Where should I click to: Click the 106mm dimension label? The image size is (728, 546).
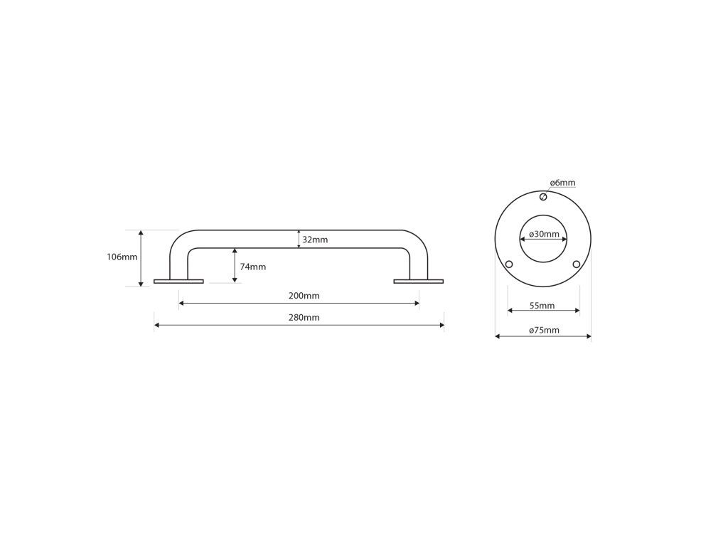(122, 257)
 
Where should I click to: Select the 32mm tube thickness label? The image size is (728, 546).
(315, 240)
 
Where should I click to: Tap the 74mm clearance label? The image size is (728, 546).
(253, 267)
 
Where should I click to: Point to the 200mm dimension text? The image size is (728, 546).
(304, 296)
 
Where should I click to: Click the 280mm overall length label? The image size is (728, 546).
(304, 318)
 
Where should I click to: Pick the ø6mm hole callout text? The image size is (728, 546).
(563, 183)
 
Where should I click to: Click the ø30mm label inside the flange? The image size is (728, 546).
(544, 234)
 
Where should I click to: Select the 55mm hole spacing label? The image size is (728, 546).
(542, 306)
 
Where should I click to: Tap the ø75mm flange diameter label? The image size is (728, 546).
(544, 330)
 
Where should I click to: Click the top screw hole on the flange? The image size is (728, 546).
(543, 197)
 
